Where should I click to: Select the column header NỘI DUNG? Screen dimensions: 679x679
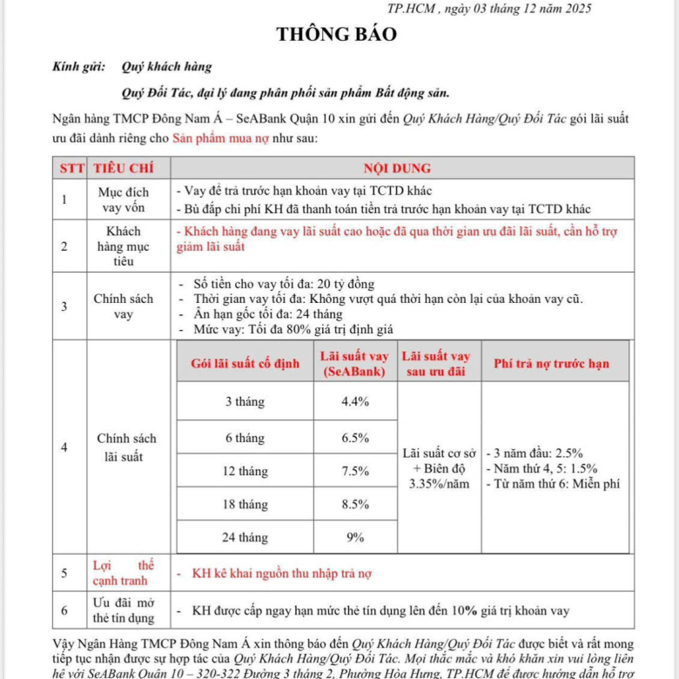(x=397, y=168)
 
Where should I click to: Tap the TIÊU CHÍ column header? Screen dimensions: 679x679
(x=123, y=168)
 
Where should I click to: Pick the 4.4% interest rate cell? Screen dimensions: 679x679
(x=355, y=401)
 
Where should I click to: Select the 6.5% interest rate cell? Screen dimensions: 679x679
(x=355, y=438)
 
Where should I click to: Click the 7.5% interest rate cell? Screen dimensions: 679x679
(x=355, y=471)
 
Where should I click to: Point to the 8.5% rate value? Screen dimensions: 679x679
(x=355, y=504)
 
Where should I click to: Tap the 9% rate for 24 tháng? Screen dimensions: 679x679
(x=355, y=537)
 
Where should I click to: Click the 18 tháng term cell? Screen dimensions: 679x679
(x=245, y=504)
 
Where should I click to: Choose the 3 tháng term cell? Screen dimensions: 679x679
(x=245, y=401)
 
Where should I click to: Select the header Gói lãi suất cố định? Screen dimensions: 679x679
(x=245, y=363)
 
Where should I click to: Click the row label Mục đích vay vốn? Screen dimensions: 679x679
(x=123, y=200)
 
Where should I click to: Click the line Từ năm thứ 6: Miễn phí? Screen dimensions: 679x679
(x=555, y=485)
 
